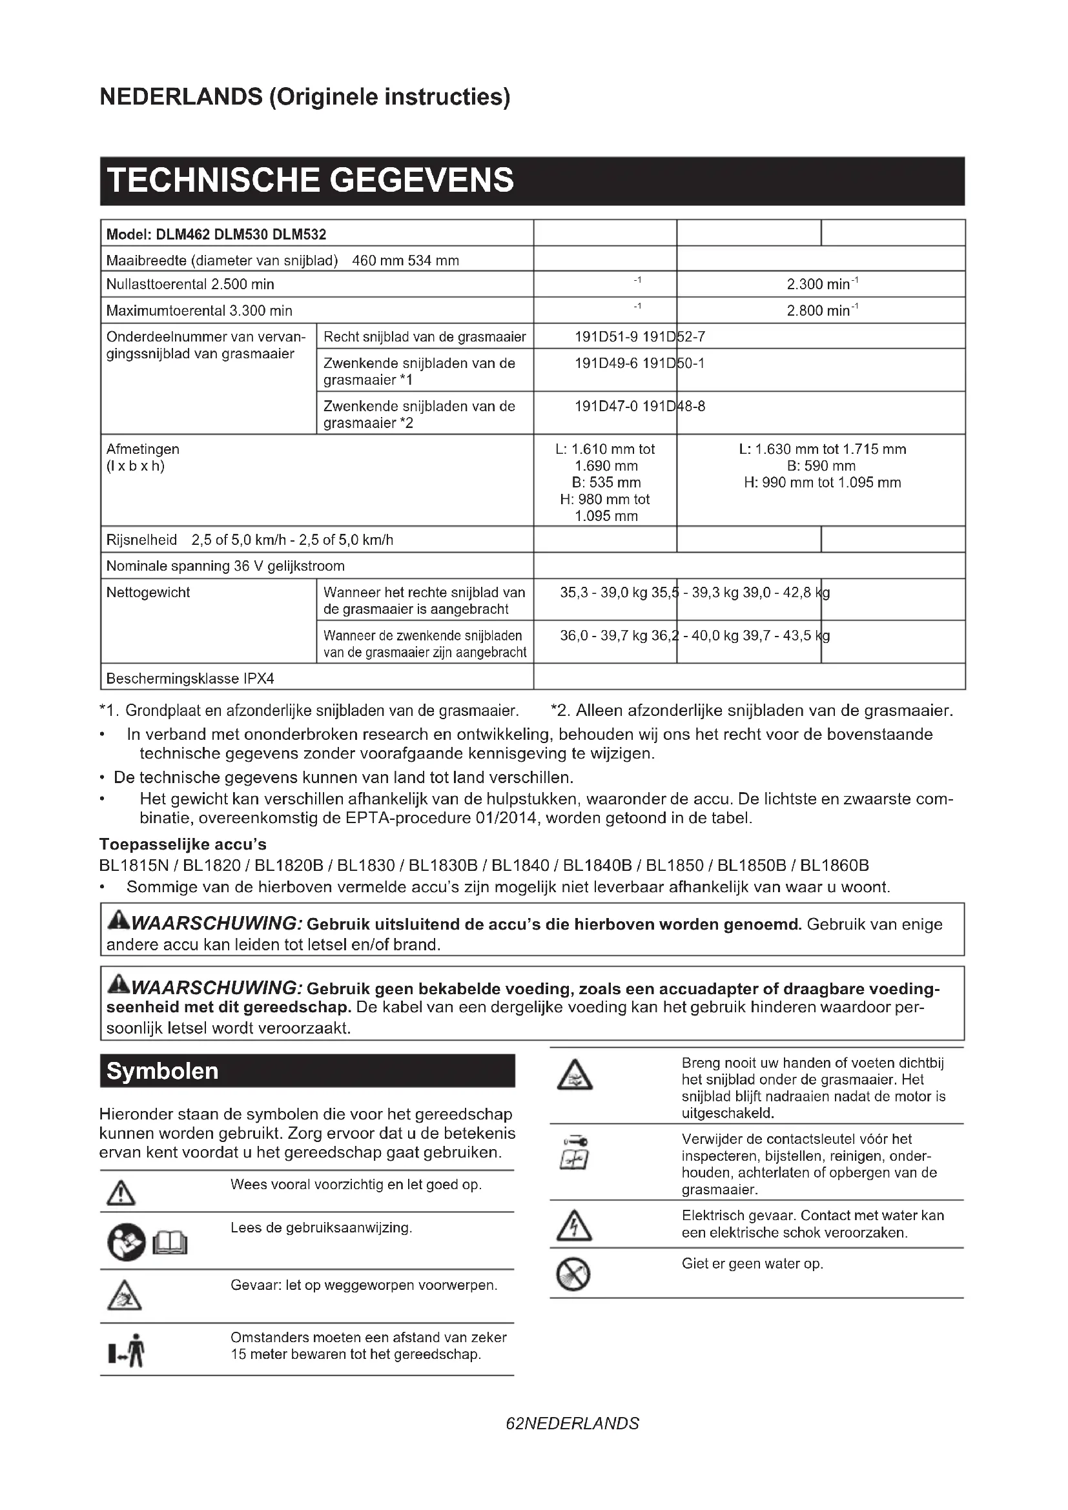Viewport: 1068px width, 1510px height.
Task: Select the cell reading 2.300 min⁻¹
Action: (x=821, y=284)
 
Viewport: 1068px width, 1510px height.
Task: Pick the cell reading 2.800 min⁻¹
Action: (x=821, y=311)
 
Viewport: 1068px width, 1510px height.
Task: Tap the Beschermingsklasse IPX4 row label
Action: (x=190, y=678)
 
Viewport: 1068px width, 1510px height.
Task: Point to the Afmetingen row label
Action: (x=143, y=449)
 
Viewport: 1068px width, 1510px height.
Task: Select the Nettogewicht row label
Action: (x=148, y=592)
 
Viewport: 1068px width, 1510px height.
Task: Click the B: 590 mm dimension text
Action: (x=821, y=465)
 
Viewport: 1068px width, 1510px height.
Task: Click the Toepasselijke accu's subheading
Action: (x=183, y=844)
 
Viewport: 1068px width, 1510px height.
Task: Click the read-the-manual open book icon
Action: (x=170, y=1242)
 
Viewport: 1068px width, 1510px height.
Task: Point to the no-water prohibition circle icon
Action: (x=573, y=1274)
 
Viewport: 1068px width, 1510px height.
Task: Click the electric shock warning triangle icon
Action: (x=574, y=1225)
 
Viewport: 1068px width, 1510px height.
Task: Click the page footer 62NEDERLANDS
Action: (x=572, y=1424)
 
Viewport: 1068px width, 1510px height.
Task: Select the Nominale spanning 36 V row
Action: (x=225, y=566)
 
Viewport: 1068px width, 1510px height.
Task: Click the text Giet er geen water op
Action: (x=752, y=1263)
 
